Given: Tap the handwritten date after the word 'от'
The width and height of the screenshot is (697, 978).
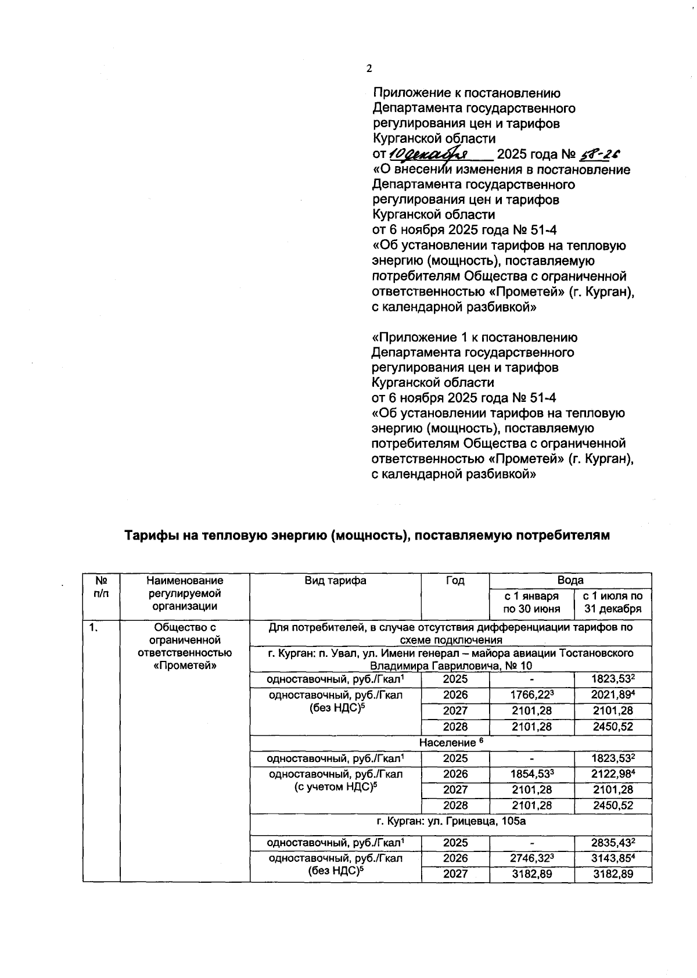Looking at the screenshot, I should [429, 154].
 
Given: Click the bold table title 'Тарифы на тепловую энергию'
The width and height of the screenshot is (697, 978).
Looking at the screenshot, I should [367, 535].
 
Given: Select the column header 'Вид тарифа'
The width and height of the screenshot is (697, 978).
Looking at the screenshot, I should [335, 580].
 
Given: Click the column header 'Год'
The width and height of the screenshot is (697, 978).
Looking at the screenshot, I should [455, 580].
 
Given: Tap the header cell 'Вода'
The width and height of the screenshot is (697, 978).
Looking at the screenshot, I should [570, 580].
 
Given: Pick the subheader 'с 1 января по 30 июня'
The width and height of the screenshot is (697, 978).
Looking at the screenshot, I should [531, 602].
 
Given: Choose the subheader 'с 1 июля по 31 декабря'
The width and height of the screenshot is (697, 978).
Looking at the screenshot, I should [613, 602].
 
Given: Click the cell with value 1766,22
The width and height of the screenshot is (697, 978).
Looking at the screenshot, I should [531, 695].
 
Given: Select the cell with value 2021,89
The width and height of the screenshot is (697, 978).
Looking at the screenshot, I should [613, 695].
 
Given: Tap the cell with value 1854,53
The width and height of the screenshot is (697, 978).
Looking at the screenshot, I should [531, 774].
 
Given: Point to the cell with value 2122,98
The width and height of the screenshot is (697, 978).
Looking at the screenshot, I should [613, 774].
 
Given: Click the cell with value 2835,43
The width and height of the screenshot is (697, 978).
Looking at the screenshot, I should [613, 843].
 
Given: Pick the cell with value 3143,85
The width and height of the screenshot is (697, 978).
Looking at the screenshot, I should [613, 858].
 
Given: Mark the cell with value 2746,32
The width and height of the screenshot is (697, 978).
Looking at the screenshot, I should [531, 858].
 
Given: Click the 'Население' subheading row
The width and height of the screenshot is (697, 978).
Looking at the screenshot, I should [451, 742].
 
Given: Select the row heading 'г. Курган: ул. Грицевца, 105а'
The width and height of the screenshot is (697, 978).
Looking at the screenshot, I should [451, 821].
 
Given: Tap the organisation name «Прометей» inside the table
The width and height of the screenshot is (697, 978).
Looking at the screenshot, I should [185, 666].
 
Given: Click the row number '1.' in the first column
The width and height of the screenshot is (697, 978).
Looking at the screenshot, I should [93, 627].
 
